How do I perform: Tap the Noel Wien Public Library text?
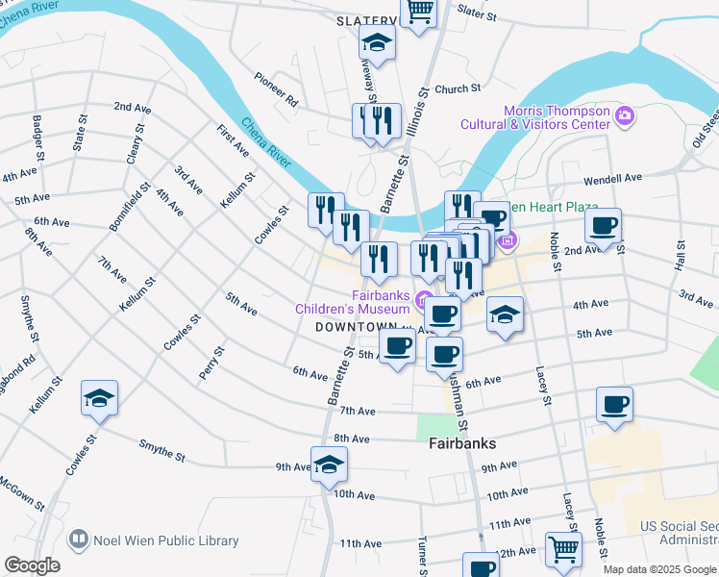[x=165, y=540]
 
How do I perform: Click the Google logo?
[x=32, y=565]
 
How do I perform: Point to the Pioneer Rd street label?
[x=277, y=88]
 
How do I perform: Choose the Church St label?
[x=458, y=88]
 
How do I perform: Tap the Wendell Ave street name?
[x=619, y=179]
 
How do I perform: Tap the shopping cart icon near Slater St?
[x=419, y=12]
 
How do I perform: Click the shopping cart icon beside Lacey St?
[x=563, y=549]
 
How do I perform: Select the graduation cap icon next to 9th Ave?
[x=329, y=464]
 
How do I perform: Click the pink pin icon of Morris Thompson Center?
[x=626, y=116]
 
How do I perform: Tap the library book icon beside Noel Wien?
[x=79, y=540]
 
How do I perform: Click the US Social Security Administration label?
[x=679, y=535]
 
